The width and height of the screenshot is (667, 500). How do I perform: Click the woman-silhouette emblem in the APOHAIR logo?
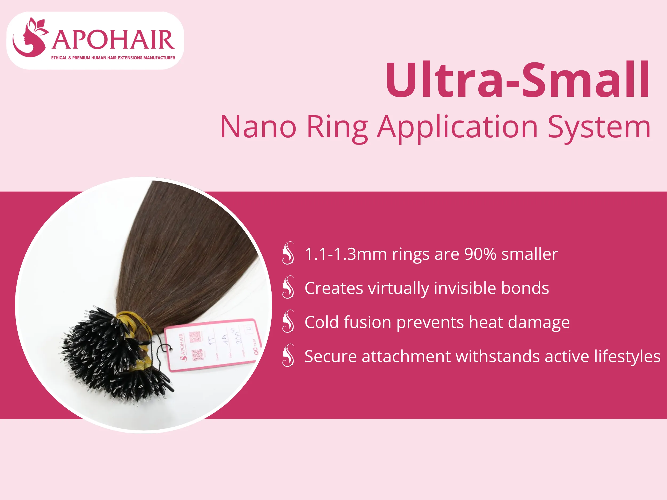click(30, 38)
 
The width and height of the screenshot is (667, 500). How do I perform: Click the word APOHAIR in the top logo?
click(113, 40)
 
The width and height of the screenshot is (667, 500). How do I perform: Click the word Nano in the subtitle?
click(258, 127)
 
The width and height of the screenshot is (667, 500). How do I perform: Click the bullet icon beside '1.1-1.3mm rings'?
click(288, 253)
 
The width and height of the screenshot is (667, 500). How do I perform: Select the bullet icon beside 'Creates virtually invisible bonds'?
click(288, 287)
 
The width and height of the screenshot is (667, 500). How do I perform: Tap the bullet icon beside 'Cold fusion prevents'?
click(288, 321)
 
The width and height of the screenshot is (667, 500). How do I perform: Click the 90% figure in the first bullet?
click(480, 254)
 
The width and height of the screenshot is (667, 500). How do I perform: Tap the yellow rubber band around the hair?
click(133, 319)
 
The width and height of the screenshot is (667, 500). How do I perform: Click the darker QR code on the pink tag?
click(197, 355)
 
